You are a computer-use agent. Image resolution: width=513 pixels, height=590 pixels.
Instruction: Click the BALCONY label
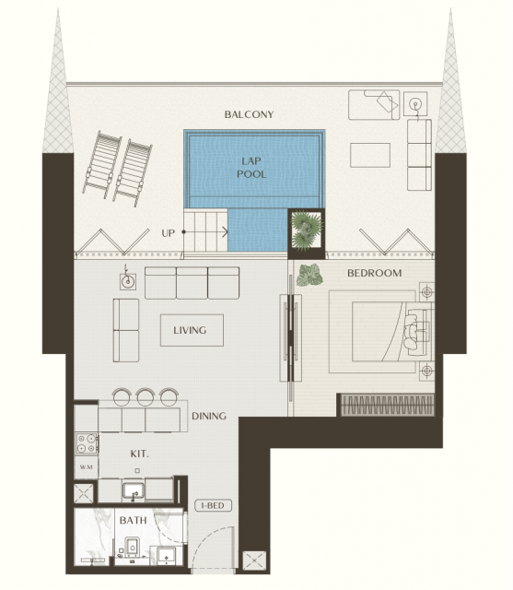249,114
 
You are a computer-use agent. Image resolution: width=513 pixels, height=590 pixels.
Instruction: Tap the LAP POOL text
251,168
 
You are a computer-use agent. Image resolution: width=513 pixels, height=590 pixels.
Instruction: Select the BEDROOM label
374,273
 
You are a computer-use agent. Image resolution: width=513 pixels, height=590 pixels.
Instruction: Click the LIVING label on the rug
190,330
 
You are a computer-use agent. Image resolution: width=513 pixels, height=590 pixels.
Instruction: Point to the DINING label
209,416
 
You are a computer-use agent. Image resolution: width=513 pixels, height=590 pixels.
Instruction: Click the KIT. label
139,454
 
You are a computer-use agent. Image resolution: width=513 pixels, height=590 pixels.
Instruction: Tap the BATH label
133,520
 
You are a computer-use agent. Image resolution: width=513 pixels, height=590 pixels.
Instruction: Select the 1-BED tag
213,505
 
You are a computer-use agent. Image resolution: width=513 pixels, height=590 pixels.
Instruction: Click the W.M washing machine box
87,467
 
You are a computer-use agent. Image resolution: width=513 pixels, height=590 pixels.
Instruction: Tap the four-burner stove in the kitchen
87,443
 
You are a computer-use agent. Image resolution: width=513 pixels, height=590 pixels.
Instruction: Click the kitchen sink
133,491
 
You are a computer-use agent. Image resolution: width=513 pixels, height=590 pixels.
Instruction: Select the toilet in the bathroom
132,547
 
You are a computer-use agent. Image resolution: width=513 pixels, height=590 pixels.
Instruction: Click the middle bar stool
146,396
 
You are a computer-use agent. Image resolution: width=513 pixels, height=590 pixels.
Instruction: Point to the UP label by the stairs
168,233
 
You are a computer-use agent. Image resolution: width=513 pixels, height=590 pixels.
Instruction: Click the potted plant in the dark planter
307,230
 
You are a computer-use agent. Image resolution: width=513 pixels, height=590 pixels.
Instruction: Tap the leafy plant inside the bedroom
309,275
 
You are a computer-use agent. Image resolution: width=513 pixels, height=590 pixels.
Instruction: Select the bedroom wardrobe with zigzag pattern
387,406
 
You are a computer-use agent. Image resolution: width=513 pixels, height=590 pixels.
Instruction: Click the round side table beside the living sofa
128,281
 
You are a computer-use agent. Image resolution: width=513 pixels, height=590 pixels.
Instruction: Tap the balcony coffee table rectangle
370,155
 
